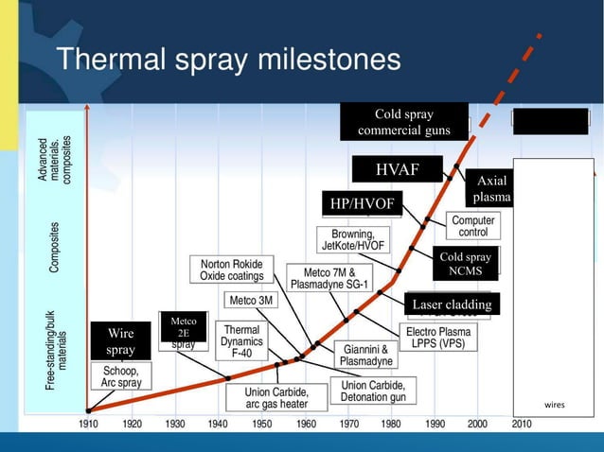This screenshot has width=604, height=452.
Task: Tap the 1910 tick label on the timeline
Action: coord(88,424)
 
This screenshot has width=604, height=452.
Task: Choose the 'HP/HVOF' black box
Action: coord(362,204)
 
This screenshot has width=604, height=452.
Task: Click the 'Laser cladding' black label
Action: coord(452,304)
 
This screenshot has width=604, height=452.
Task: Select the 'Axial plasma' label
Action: coord(492,189)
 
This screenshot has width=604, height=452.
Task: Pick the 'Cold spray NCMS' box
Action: coord(466,264)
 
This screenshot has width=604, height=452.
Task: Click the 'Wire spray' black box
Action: coord(120,341)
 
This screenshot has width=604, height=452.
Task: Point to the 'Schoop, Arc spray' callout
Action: coord(121,377)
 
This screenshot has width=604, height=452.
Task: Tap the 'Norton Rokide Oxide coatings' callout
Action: coord(232,269)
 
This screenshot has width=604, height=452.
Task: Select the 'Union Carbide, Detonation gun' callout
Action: coord(374,391)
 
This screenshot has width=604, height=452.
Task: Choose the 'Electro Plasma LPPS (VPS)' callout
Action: coord(440,339)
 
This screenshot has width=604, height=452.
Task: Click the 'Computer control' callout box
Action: coord(473,226)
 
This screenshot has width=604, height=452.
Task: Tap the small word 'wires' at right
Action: coord(555,405)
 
